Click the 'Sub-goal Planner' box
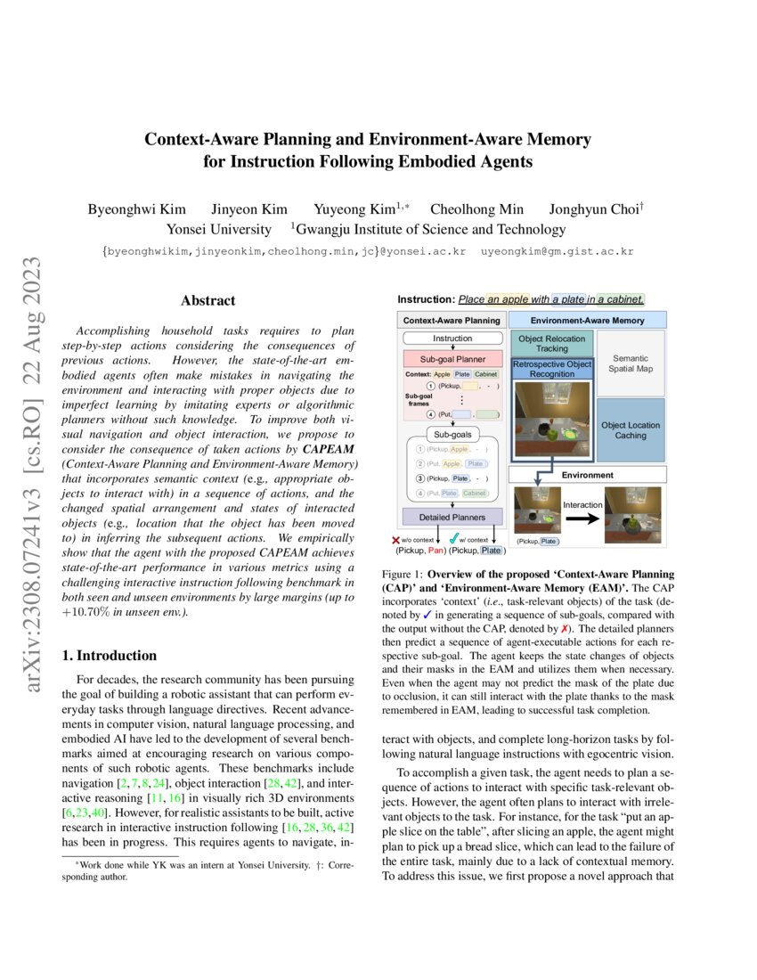[452, 358]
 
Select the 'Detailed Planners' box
[452, 517]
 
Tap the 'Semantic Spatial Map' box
[631, 363]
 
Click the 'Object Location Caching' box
[631, 430]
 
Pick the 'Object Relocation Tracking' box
[552, 344]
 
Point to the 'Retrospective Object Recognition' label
[552, 370]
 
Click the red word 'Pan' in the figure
[436, 551]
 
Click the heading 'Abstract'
[208, 301]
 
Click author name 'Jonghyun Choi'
[596, 209]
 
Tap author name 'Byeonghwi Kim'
[136, 209]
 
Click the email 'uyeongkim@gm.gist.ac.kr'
[558, 252]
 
